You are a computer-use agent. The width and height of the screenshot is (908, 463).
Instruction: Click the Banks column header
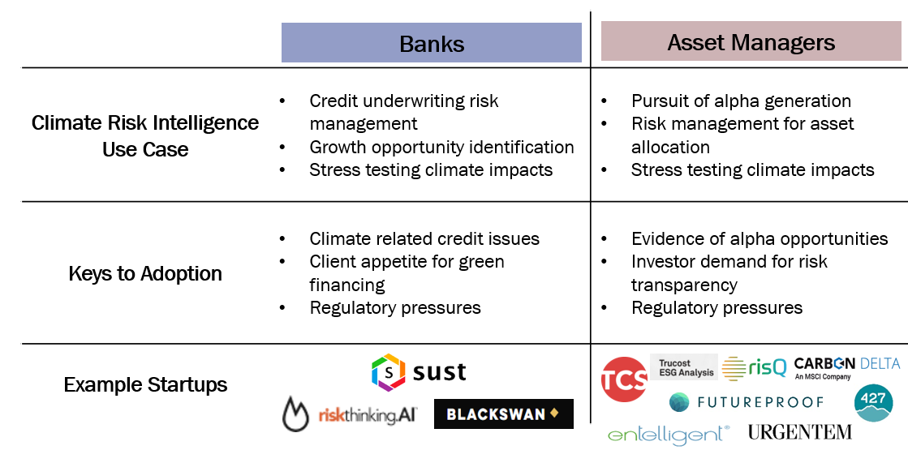432,43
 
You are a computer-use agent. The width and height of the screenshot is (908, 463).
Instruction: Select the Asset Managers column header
751,41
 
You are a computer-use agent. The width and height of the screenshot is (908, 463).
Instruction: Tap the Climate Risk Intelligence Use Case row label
145,136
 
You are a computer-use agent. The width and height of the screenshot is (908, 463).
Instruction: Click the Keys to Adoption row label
145,273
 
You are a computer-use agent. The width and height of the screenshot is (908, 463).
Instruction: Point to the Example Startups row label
145,384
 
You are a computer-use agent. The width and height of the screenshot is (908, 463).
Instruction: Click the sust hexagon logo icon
388,371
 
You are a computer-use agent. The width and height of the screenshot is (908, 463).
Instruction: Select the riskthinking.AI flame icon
296,414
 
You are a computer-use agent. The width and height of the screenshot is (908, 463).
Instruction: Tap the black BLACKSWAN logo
504,414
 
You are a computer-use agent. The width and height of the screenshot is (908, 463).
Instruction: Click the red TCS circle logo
624,379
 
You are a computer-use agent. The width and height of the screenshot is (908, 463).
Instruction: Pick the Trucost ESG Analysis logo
684,367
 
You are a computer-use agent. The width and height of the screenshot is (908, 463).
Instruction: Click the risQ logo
755,367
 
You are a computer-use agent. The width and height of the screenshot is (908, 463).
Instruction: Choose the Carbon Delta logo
847,367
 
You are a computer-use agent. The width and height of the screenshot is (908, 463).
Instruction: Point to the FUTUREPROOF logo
747,401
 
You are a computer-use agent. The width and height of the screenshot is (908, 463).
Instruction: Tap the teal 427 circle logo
873,403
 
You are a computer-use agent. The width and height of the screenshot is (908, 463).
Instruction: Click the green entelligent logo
669,435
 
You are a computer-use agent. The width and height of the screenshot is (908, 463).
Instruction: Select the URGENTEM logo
800,431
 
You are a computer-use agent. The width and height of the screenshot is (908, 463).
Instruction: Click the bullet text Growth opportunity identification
442,147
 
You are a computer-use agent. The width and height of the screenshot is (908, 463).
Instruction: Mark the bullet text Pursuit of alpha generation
741,101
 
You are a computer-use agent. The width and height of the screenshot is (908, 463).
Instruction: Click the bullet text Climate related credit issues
424,238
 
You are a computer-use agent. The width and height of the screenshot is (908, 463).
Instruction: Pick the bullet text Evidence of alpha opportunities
760,238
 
